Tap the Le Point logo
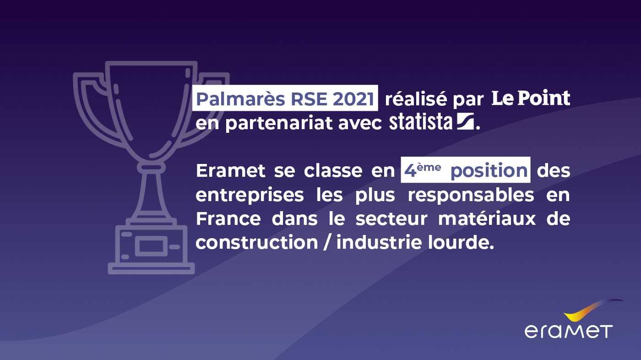[531, 98]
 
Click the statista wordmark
[420, 122]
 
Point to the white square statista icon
[465, 121]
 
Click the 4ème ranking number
[422, 170]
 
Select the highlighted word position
[489, 171]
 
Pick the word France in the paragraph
[228, 218]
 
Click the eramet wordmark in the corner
[568, 331]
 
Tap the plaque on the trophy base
[151, 247]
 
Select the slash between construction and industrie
[326, 243]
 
